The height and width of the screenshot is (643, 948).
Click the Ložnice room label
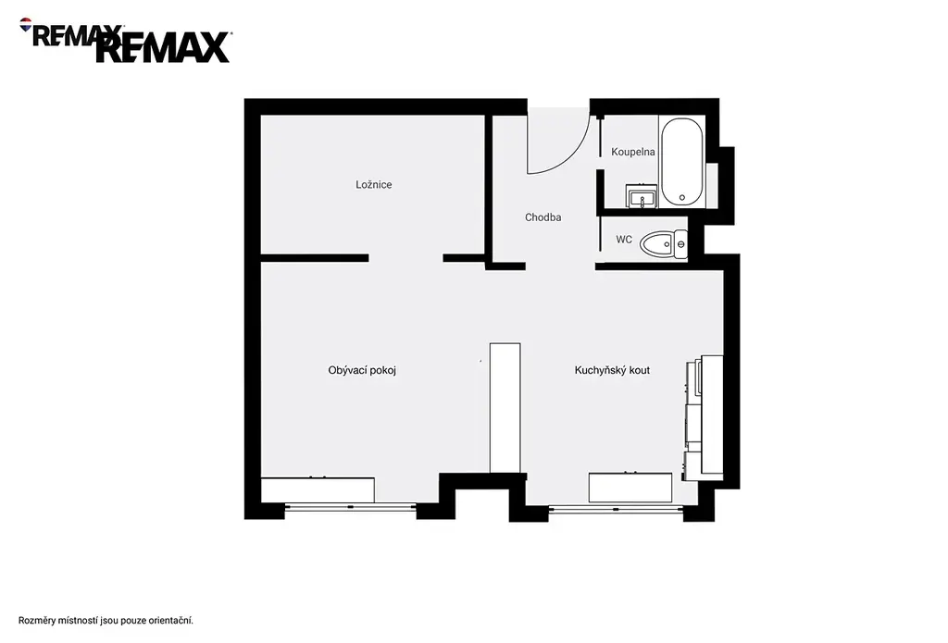pyautogui.click(x=374, y=184)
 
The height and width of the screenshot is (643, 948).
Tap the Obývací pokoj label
pyautogui.click(x=362, y=370)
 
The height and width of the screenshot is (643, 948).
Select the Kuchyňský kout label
pyautogui.click(x=612, y=370)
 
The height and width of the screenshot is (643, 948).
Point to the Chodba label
pyautogui.click(x=543, y=216)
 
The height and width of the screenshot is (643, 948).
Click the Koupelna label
pyautogui.click(x=633, y=152)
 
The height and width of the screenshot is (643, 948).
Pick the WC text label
pyautogui.click(x=624, y=240)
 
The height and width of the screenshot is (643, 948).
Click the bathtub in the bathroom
pyautogui.click(x=682, y=163)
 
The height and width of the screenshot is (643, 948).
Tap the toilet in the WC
pyautogui.click(x=664, y=244)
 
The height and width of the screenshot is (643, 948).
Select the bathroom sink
pyautogui.click(x=641, y=196)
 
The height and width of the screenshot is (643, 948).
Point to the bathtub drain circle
pyautogui.click(x=682, y=197)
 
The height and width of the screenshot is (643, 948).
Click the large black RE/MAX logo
pyautogui.click(x=163, y=47)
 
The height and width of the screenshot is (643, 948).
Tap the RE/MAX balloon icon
pyautogui.click(x=26, y=24)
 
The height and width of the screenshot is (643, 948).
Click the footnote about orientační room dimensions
pyautogui.click(x=106, y=621)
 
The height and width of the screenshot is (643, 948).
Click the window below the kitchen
pyautogui.click(x=616, y=510)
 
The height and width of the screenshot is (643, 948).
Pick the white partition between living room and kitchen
pyautogui.click(x=505, y=408)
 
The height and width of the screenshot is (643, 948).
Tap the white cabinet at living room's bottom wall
pyautogui.click(x=318, y=489)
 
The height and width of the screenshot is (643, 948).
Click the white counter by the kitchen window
pyautogui.click(x=630, y=487)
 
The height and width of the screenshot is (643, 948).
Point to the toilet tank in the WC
pyautogui.click(x=680, y=244)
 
